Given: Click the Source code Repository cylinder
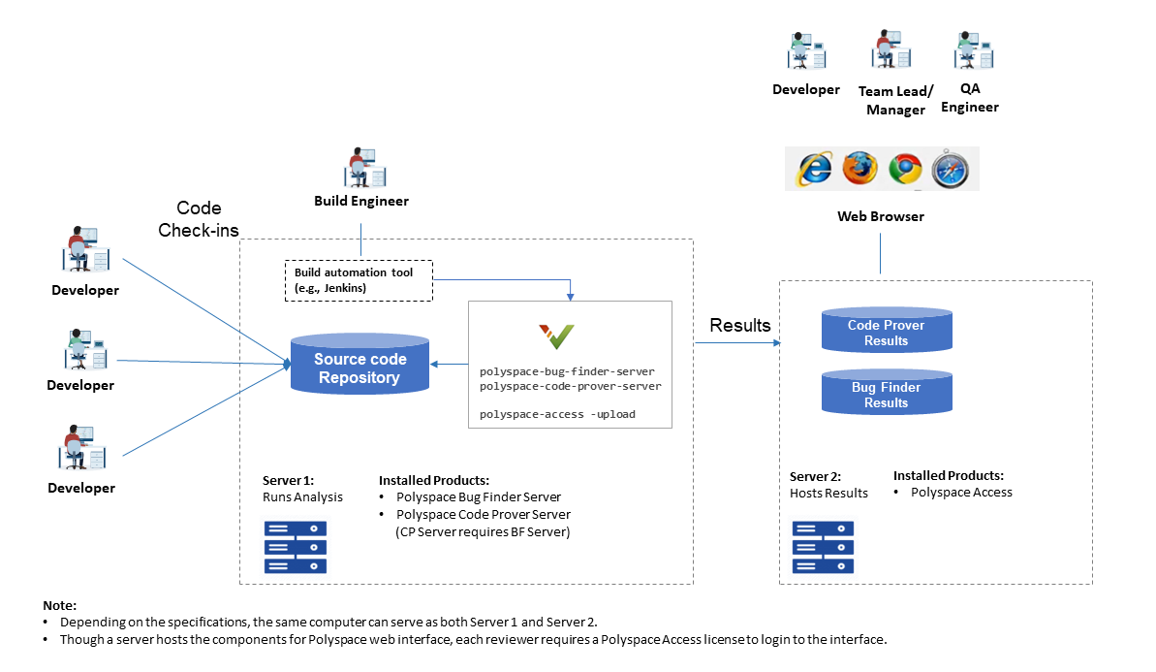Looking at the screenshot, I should click(359, 365).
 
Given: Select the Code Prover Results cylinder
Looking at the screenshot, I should click(886, 332).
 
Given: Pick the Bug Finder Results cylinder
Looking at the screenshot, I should click(886, 394).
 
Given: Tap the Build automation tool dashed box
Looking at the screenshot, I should click(359, 280).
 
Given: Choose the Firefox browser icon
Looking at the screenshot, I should click(859, 169).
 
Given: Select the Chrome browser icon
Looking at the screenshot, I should click(905, 169).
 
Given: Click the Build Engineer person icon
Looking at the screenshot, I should click(364, 168).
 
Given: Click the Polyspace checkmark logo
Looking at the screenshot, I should click(557, 336).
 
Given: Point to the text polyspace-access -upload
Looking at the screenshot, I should click(557, 414).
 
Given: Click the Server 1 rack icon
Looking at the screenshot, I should click(296, 547).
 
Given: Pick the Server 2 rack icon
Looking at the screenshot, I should click(823, 547).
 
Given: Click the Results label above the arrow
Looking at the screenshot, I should click(740, 325).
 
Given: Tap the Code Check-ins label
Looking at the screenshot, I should click(199, 219).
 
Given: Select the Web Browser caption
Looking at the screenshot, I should click(880, 216).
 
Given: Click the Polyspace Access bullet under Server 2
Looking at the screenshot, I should click(960, 493).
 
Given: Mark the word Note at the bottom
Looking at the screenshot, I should click(59, 605).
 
